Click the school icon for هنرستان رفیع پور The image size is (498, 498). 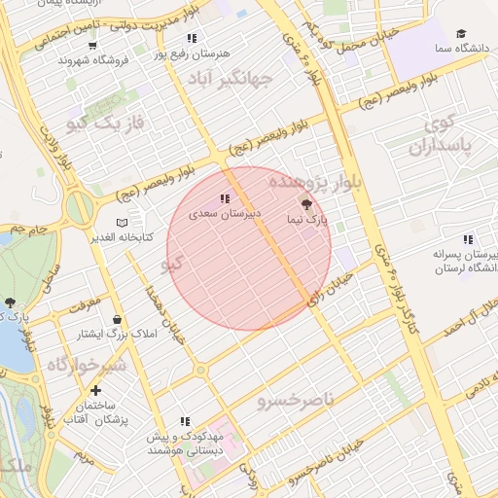pyautogui.click(x=191, y=38)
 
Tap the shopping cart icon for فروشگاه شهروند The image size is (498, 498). pyautogui.click(x=92, y=45)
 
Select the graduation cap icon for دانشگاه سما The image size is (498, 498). pyautogui.click(x=460, y=34)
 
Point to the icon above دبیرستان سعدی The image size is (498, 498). pyautogui.click(x=225, y=198)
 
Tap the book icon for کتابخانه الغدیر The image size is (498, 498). pyautogui.click(x=121, y=223)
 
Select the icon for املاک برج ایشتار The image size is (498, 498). pyautogui.click(x=118, y=320)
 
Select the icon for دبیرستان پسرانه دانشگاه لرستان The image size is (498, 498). pyautogui.click(x=468, y=239)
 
